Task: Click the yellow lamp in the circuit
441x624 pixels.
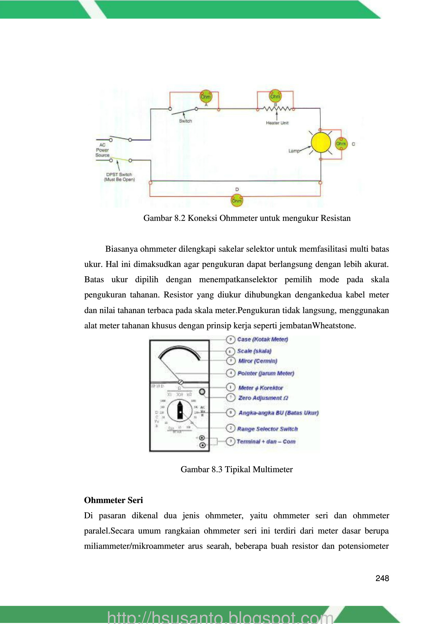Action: pyautogui.click(x=321, y=142)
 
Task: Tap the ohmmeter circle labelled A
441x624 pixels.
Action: pyautogui.click(x=206, y=97)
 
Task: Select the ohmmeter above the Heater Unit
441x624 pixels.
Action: pyautogui.click(x=275, y=96)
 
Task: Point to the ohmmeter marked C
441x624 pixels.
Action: pyautogui.click(x=341, y=144)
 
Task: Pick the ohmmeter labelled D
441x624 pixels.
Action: pyautogui.click(x=237, y=201)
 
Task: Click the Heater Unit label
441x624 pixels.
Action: pyautogui.click(x=277, y=123)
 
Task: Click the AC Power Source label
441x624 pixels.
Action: pyautogui.click(x=102, y=150)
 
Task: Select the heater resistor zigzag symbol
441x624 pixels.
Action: pyautogui.click(x=276, y=109)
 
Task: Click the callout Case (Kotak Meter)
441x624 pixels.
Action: pyautogui.click(x=262, y=339)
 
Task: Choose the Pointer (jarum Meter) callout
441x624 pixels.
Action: pyautogui.click(x=266, y=373)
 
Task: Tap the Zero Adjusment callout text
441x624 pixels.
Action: pyautogui.click(x=263, y=398)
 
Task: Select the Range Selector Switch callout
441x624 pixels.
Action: pyautogui.click(x=267, y=429)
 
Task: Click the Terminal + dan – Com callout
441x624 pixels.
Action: pyautogui.click(x=266, y=442)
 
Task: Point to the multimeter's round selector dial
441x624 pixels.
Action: pyautogui.click(x=180, y=411)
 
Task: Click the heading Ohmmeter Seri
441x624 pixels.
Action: pyautogui.click(x=113, y=500)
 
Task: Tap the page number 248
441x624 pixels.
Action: pyautogui.click(x=382, y=578)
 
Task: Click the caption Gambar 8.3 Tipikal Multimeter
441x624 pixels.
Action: pyautogui.click(x=236, y=469)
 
